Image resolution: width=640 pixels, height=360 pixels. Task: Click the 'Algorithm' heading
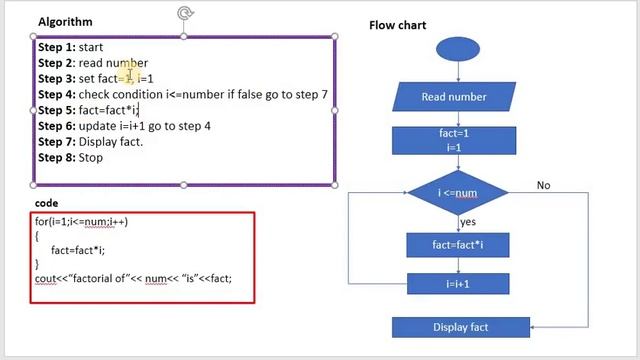pyautogui.click(x=65, y=21)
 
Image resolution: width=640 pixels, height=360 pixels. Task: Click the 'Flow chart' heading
pyautogui.click(x=398, y=25)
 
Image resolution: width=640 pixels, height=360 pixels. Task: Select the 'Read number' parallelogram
pyautogui.click(x=454, y=97)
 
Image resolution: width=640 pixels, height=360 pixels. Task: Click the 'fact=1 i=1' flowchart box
pyautogui.click(x=454, y=139)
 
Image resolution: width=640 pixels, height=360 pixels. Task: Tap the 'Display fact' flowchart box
pyautogui.click(x=460, y=327)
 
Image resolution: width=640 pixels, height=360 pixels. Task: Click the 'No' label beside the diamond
pyautogui.click(x=543, y=185)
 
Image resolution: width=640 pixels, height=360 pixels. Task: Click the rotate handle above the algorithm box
pyautogui.click(x=184, y=13)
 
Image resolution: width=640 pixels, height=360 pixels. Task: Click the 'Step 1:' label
pyautogui.click(x=56, y=47)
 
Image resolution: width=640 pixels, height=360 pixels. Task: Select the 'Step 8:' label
pyautogui.click(x=56, y=158)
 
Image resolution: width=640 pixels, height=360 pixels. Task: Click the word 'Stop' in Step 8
pyautogui.click(x=90, y=158)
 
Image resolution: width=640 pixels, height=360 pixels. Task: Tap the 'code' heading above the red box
pyautogui.click(x=46, y=203)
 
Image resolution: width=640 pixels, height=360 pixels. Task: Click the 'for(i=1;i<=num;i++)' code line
pyautogui.click(x=81, y=222)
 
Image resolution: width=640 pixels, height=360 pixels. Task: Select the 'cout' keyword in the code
pyautogui.click(x=47, y=278)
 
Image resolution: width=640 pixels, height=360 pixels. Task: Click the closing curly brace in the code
pyautogui.click(x=37, y=264)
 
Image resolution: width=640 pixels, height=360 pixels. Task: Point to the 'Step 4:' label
pyautogui.click(x=56, y=95)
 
